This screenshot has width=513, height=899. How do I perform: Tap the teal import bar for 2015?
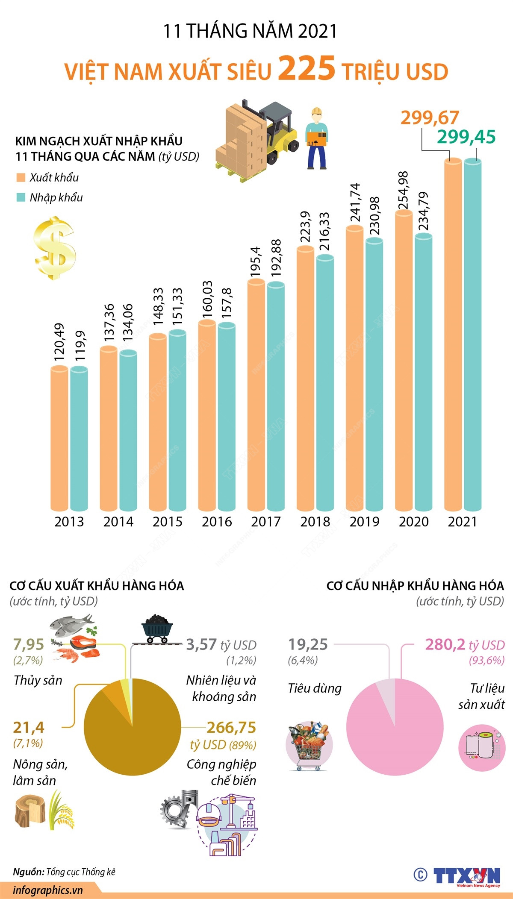pos(177,419)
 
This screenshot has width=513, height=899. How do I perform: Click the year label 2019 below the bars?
pos(364,522)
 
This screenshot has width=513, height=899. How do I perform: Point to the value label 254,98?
pos(403,190)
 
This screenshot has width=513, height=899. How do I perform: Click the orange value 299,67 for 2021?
pos(430,118)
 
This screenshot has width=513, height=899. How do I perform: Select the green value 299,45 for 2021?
pos(466,137)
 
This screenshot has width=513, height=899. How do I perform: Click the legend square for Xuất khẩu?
pos(21,177)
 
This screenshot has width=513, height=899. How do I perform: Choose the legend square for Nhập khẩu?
pos(21,197)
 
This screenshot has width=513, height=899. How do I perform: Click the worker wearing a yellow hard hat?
pos(316,139)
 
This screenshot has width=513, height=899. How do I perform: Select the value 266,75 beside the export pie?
pos(231,727)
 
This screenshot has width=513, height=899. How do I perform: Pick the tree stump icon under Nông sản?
pos(30,810)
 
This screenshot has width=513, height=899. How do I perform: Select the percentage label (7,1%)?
pos(28,743)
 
